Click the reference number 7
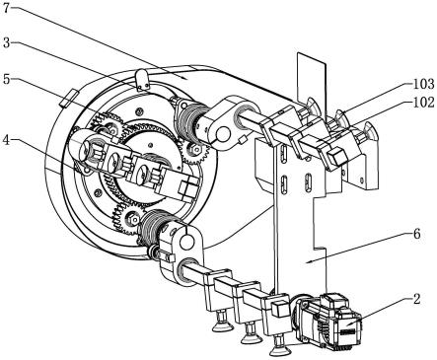[x=7, y=7]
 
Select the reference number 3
[x=7, y=42]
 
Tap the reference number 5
[x=7, y=79]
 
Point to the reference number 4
[x=7, y=140]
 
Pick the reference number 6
[x=416, y=234]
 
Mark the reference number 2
[x=416, y=299]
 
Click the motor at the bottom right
[x=328, y=321]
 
